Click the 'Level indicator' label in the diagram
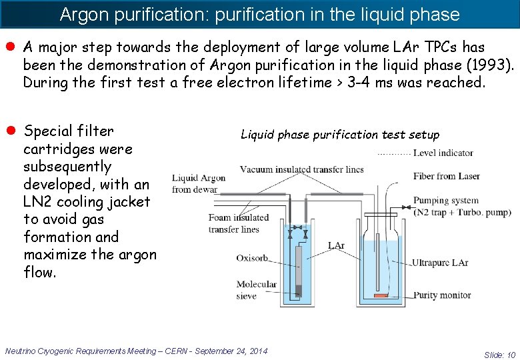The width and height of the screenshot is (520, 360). (443, 153)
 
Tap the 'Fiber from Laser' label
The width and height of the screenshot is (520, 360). (446, 177)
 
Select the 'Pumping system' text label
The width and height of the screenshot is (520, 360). (445, 200)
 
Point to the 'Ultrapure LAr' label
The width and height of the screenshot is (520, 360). (449, 263)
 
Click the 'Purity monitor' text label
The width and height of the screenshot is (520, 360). (446, 295)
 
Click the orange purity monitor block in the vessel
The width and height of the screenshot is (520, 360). (380, 295)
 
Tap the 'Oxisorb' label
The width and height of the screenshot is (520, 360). (251, 259)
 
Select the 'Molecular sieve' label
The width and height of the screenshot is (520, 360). (256, 290)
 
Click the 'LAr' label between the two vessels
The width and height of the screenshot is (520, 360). (336, 246)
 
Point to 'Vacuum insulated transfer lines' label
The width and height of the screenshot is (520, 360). (301, 169)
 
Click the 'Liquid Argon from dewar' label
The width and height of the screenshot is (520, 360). (198, 183)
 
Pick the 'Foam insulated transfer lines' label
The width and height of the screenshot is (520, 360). (238, 223)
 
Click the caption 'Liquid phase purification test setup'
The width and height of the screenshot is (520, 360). (340, 135)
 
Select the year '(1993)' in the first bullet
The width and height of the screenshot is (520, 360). (490, 65)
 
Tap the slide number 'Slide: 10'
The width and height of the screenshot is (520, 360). (499, 355)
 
